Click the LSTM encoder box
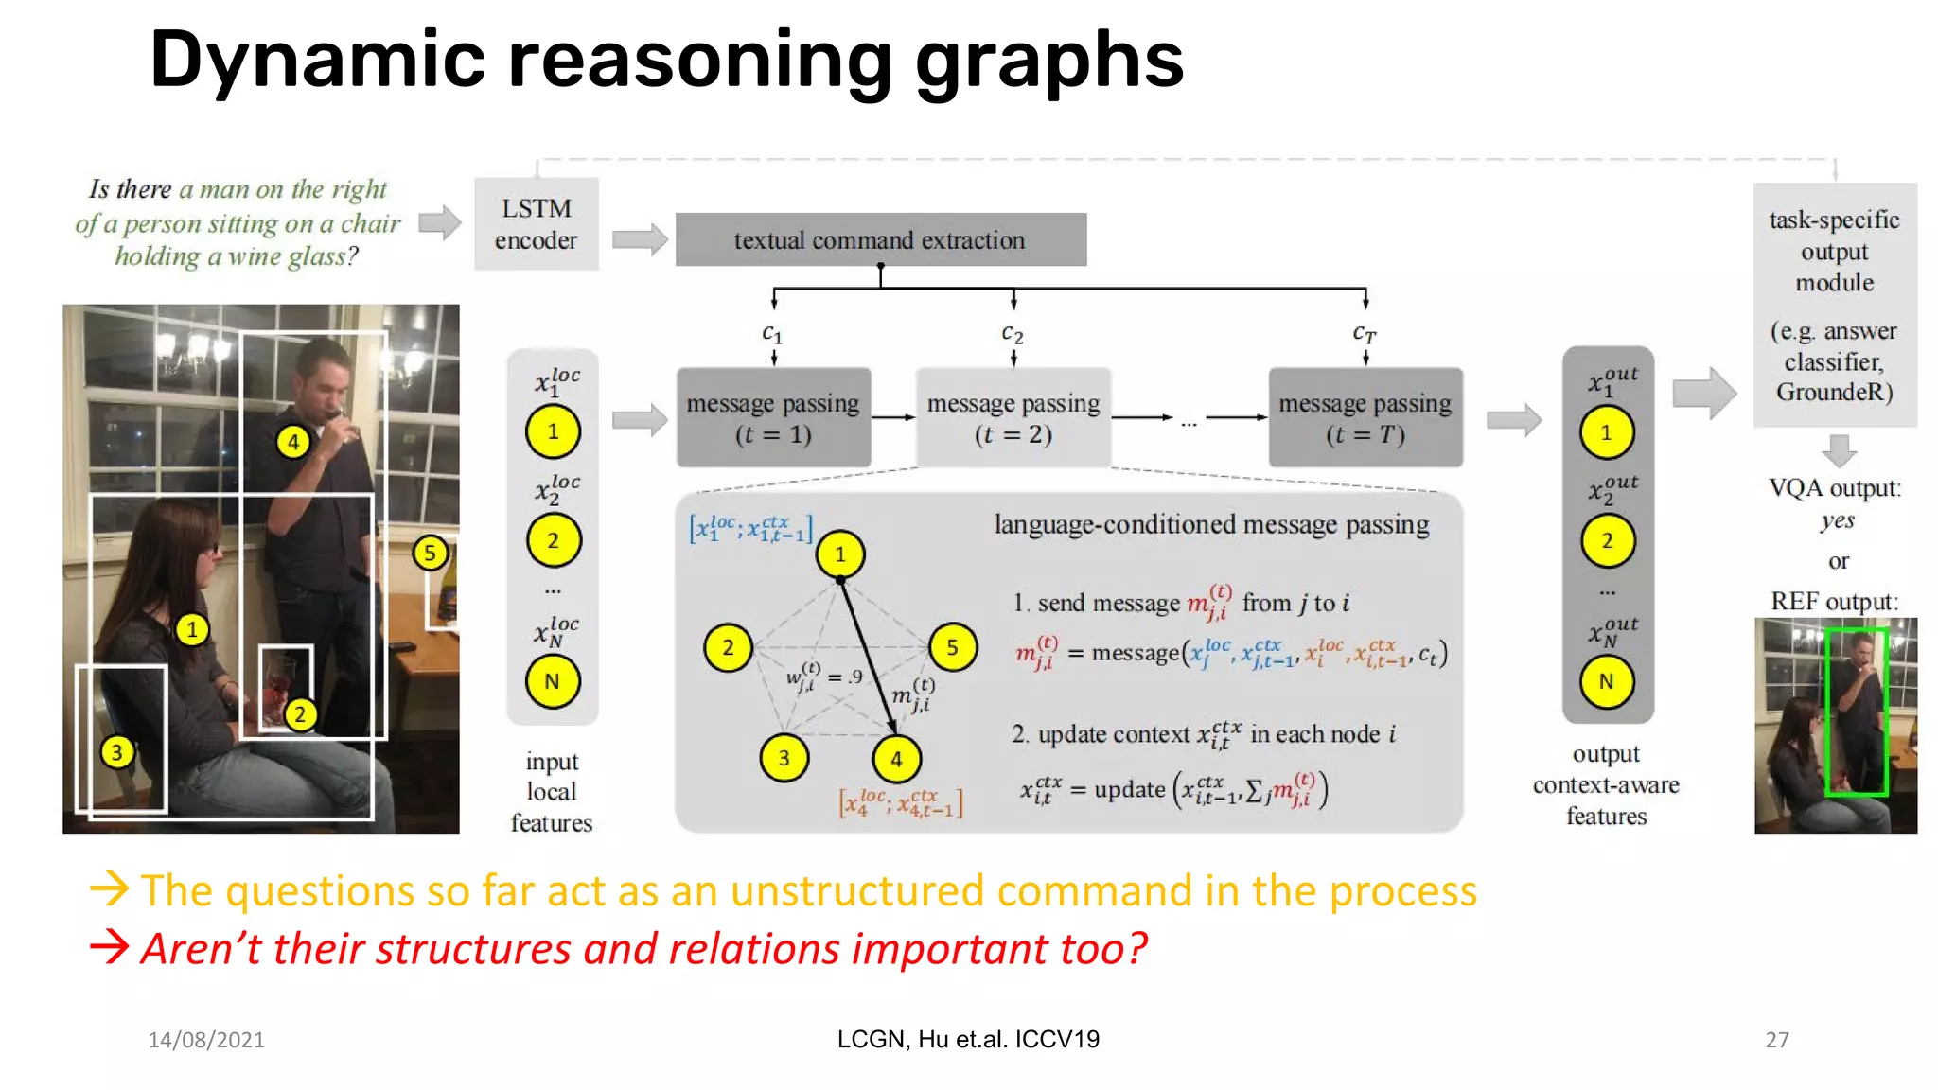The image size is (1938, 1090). click(x=536, y=223)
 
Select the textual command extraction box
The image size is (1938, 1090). click(x=880, y=239)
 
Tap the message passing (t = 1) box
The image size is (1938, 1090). click(x=773, y=417)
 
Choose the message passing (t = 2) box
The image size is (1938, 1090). click(x=1013, y=417)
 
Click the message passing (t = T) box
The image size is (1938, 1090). click(x=1365, y=417)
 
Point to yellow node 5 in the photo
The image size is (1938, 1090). click(x=430, y=553)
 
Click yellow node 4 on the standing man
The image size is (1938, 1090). click(x=293, y=441)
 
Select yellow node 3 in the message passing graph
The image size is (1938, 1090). click(x=784, y=758)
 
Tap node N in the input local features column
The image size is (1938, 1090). click(x=553, y=681)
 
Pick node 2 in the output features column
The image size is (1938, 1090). click(x=1607, y=540)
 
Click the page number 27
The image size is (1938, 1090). click(x=1776, y=1040)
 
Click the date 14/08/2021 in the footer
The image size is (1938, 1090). click(x=206, y=1040)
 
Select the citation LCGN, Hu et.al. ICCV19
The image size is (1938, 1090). click(x=968, y=1039)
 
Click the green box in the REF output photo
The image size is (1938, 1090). click(x=1857, y=711)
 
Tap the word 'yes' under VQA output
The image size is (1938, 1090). click(x=1837, y=520)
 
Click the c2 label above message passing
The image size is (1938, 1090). click(x=1013, y=334)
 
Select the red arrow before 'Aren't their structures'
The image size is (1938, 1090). click(x=110, y=946)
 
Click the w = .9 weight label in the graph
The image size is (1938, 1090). click(x=823, y=677)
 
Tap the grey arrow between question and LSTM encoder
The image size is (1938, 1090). click(x=439, y=223)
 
